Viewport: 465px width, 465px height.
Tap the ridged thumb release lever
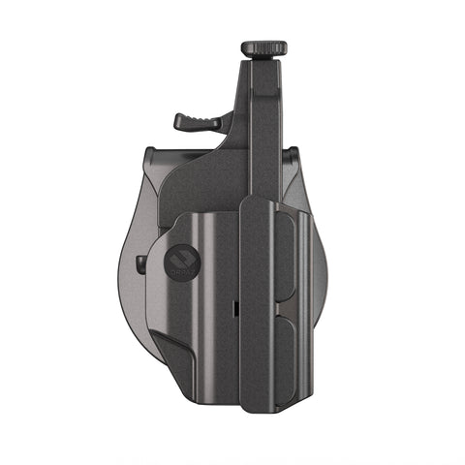(x=192, y=121)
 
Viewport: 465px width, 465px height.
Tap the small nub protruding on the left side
(x=142, y=263)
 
